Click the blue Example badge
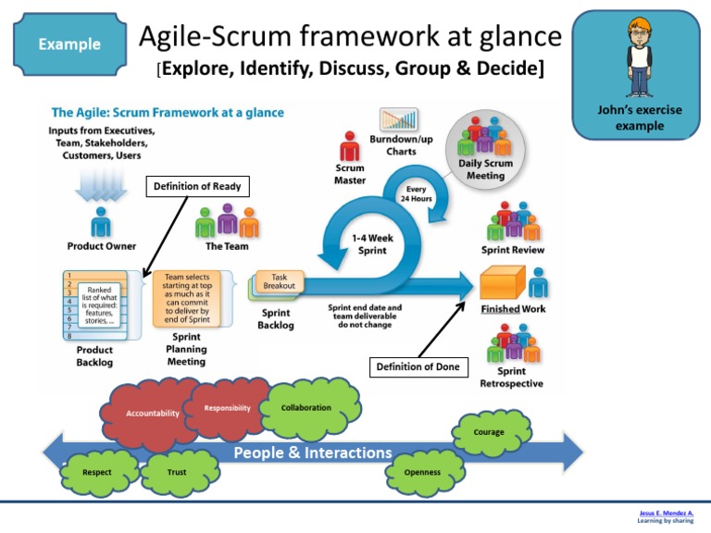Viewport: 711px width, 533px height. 69,43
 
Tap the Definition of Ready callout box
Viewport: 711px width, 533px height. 198,187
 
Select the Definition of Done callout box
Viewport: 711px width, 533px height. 418,367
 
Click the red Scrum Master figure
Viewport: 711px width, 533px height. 349,146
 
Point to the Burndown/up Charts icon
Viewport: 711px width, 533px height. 399,120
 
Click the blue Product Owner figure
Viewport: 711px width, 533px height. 101,223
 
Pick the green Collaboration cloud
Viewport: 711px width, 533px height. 306,407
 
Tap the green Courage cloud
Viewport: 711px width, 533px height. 489,432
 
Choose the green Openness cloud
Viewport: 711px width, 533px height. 422,472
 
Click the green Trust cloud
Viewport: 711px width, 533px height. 176,472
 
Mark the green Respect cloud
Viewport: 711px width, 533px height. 97,472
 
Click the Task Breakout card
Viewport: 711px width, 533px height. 279,281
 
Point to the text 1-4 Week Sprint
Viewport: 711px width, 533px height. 372,244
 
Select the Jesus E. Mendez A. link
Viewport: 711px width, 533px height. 667,513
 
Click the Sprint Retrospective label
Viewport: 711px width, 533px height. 512,378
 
